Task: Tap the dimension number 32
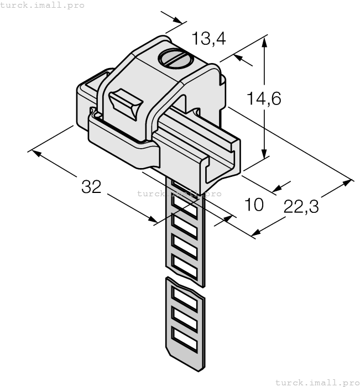coord(91,187)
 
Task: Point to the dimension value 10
coord(254,205)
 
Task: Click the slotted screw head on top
coord(175,58)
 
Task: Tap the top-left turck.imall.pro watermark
coord(43,5)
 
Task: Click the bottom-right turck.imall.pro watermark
coord(317,382)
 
